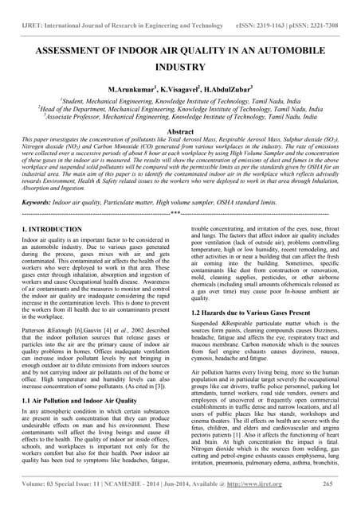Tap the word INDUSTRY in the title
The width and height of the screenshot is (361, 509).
coord(180,69)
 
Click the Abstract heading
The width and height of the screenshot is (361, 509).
coord(180,130)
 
